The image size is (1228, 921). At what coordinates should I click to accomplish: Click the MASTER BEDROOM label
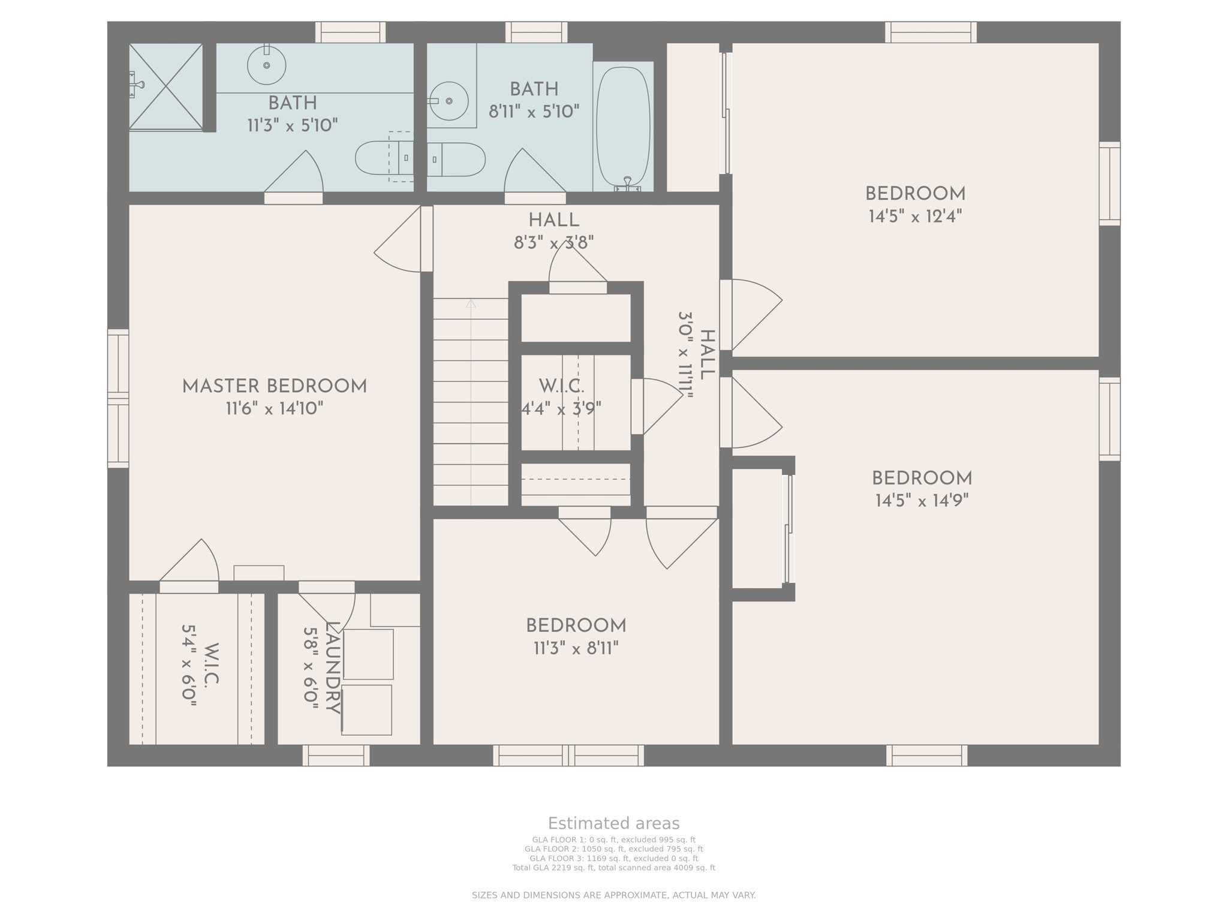click(x=275, y=387)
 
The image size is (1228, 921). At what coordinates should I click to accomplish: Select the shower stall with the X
click(x=166, y=86)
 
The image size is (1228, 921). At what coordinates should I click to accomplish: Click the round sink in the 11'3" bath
click(x=266, y=65)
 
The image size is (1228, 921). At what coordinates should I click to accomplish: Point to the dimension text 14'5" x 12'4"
click(x=915, y=216)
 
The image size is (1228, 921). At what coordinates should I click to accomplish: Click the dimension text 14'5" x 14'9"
click(x=922, y=501)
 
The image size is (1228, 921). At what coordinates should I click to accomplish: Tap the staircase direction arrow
click(x=471, y=304)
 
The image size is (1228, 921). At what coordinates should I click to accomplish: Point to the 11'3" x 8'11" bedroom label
click(x=576, y=626)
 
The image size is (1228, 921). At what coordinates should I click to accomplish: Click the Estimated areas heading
click(x=613, y=823)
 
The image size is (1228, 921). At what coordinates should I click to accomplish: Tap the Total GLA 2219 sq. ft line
click(x=613, y=868)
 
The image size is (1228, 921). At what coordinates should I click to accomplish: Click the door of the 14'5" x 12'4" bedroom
click(x=753, y=315)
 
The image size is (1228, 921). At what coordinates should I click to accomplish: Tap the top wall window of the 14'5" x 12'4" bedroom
click(x=931, y=32)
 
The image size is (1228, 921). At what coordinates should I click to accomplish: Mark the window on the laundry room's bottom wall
click(x=336, y=755)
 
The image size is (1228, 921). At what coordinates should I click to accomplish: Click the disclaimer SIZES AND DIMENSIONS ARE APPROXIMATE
click(x=613, y=895)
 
